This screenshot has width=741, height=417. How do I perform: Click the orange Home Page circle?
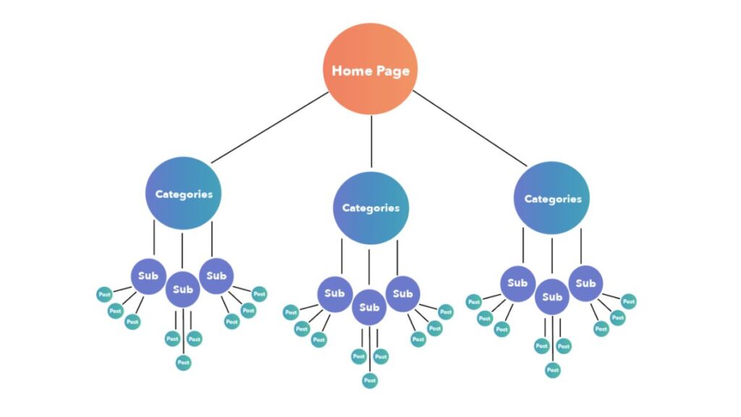[x=370, y=69]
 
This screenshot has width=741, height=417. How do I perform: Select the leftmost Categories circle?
[x=183, y=193]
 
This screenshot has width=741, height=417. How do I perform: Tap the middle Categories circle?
[x=370, y=207]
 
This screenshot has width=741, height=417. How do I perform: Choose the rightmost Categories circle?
[x=552, y=198]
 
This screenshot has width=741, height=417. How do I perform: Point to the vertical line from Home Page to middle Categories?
[x=370, y=141]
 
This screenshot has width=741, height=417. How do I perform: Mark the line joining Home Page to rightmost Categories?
[x=470, y=128]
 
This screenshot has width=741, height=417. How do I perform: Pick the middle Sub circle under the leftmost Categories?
[x=183, y=290]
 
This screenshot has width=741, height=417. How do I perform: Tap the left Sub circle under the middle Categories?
[x=334, y=293]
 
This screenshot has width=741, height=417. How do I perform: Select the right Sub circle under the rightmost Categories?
[x=585, y=283]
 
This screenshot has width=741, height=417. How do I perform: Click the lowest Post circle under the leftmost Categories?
[x=183, y=362]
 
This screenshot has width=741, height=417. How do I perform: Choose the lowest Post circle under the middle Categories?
[x=370, y=380]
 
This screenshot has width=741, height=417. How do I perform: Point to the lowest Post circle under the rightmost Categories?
[x=553, y=370]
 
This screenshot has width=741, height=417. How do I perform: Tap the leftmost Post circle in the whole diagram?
[x=105, y=295]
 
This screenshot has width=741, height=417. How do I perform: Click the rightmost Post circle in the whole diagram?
[x=629, y=300]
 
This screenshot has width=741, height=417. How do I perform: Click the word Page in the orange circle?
[x=391, y=71]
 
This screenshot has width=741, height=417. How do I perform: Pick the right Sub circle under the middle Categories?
[x=403, y=293]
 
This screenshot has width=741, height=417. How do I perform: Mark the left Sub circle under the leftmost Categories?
[x=148, y=276]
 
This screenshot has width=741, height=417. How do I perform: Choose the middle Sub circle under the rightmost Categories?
[x=552, y=297]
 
